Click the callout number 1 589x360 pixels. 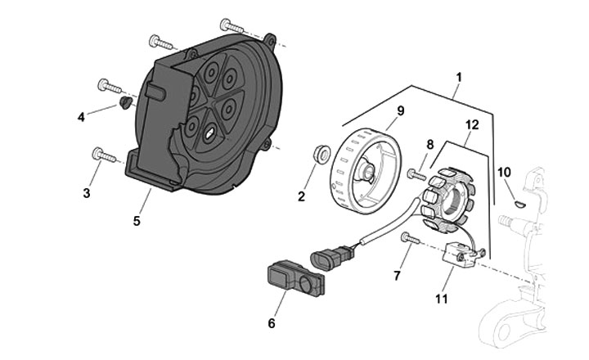tap(459, 78)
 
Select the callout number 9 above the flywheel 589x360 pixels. tap(400, 111)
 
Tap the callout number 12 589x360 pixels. tap(472, 124)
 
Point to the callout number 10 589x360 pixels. tap(504, 173)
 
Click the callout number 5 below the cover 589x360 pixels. tap(137, 221)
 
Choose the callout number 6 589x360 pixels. tap(272, 323)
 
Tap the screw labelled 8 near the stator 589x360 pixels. tap(416, 174)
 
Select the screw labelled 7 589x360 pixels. tap(410, 238)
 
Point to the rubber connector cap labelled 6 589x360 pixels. tap(295, 278)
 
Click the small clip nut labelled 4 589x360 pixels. tap(124, 102)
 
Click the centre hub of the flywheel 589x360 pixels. tap(366, 172)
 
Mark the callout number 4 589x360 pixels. tap(81, 117)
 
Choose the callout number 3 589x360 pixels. tap(87, 193)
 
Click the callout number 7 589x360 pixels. tap(398, 276)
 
